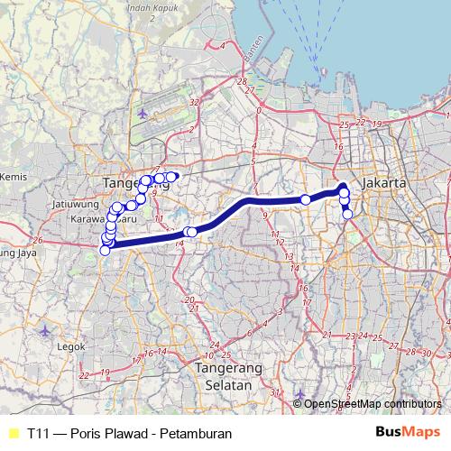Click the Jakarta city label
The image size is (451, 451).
point(384,182)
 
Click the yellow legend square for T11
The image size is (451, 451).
point(13,434)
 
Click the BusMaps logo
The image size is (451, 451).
point(403,433)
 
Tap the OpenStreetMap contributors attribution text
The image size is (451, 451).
point(374,405)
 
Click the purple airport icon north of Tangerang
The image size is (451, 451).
point(144,114)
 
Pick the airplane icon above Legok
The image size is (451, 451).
point(47,330)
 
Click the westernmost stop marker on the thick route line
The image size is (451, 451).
point(106,250)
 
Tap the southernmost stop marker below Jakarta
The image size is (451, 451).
point(348,215)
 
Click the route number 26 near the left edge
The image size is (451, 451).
point(38,241)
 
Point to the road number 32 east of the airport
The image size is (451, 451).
point(195,104)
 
